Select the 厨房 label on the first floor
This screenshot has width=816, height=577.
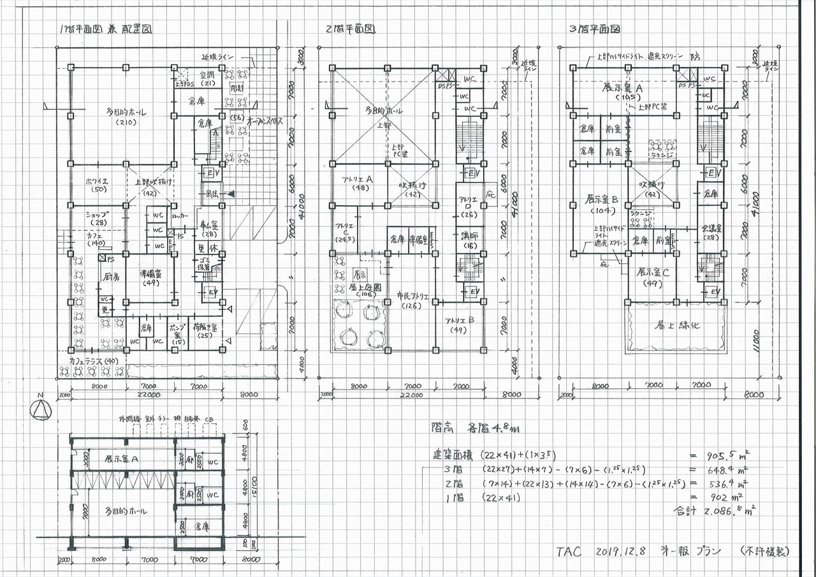(106, 277)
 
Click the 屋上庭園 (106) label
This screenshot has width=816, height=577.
(360, 291)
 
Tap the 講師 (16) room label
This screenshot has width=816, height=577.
(469, 240)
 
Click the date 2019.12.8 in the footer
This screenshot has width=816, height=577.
(622, 551)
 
